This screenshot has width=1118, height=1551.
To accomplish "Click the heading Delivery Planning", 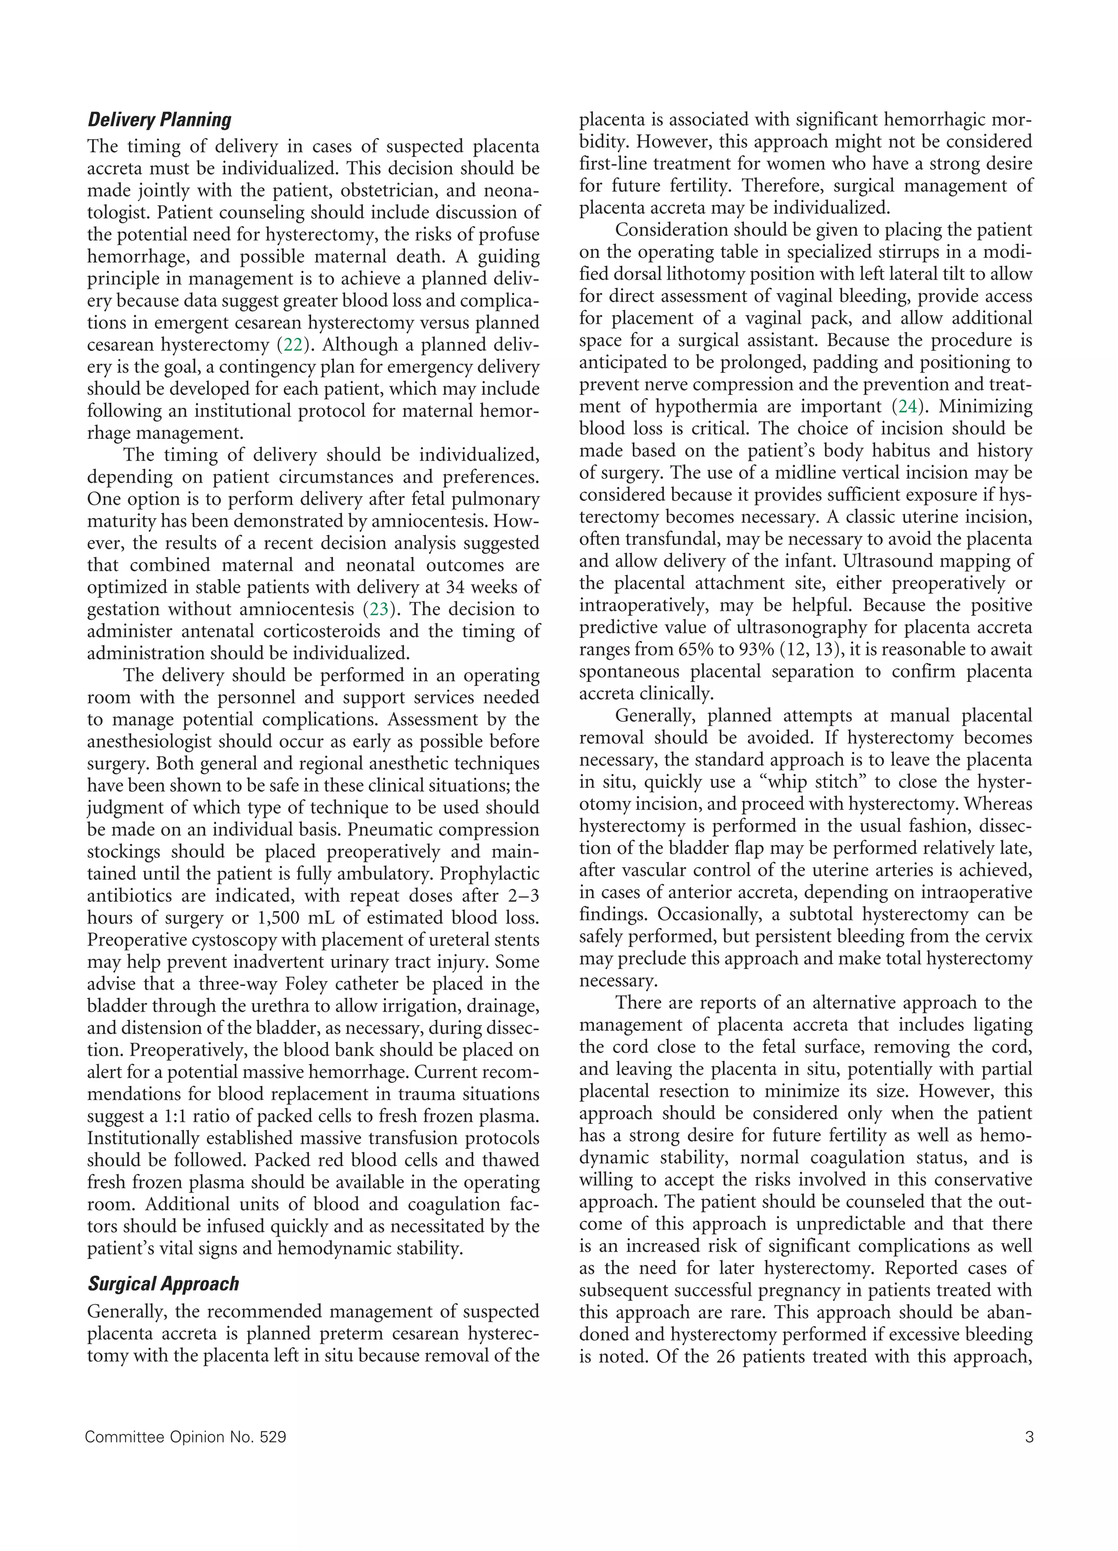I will (x=159, y=120).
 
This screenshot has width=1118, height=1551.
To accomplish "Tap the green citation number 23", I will (x=378, y=609).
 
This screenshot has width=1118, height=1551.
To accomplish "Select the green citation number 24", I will (x=907, y=407).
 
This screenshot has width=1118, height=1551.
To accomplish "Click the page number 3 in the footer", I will (x=1029, y=1437).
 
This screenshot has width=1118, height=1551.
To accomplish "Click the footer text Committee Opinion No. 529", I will (x=185, y=1437).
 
